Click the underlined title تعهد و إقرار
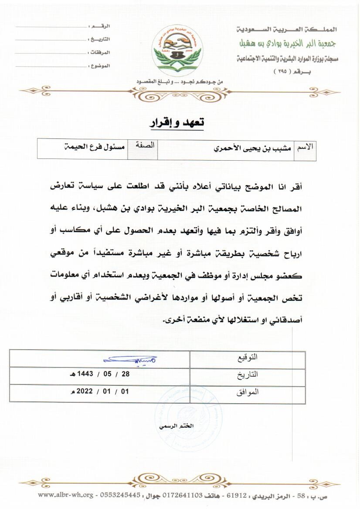click(x=177, y=123)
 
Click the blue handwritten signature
click(x=130, y=360)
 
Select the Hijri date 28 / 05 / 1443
click(x=99, y=374)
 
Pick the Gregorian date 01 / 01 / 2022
click(x=100, y=391)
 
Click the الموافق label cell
click(x=247, y=392)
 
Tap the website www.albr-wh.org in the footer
click(x=65, y=495)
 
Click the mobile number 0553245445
click(x=120, y=495)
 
